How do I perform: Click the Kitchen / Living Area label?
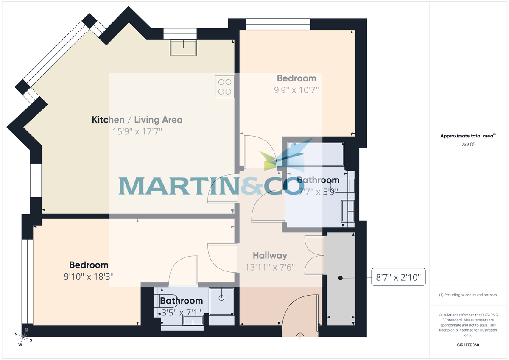(137, 120)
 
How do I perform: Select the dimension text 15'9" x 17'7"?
(137, 131)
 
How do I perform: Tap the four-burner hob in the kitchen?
(224, 87)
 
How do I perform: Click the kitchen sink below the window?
(183, 48)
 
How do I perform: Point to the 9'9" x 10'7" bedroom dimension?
(296, 90)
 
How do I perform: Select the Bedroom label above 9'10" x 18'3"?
(89, 265)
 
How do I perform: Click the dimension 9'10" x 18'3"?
(89, 277)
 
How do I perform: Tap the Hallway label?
(270, 256)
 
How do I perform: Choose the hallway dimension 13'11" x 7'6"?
(270, 268)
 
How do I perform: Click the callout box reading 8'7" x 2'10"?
(398, 278)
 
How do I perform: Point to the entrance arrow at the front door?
(300, 335)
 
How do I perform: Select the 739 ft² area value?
(468, 145)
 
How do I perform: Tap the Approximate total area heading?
(467, 136)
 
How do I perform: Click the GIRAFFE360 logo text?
(468, 345)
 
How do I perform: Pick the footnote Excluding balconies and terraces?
(468, 295)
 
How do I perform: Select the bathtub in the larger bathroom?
(316, 154)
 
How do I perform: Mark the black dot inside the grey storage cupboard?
(340, 278)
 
